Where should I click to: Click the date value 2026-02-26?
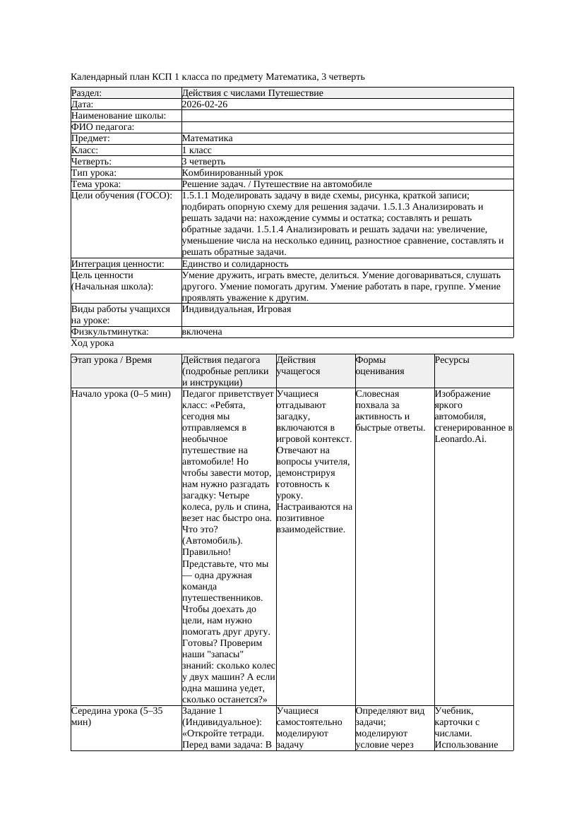point(204,104)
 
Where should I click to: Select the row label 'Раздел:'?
point(86,93)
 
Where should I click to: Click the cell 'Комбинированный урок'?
point(232,173)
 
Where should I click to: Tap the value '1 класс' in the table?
point(196,150)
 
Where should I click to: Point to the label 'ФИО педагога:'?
point(102,127)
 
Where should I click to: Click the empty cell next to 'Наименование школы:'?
point(346,116)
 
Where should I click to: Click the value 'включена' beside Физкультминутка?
point(201,332)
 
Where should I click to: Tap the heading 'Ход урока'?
point(92,343)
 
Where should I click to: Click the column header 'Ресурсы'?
point(451,360)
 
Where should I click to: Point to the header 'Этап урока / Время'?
point(111,360)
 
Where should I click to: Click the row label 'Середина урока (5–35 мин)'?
point(117,716)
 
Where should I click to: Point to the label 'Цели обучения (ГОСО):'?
point(121,196)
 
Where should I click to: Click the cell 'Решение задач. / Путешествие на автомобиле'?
point(276,184)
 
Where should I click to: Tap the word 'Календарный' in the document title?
point(98,76)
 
